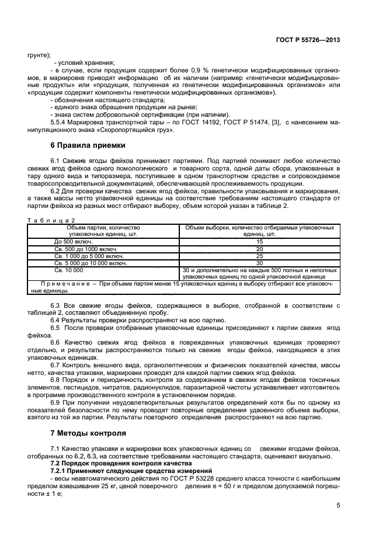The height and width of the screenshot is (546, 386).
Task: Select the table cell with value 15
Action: coord(259,241)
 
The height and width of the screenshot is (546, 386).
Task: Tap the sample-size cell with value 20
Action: coord(259,249)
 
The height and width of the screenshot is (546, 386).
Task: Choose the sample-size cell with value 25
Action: coord(259,256)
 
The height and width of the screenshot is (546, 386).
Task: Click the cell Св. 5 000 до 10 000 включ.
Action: coord(91,263)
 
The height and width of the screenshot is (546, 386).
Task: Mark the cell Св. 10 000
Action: coord(69,270)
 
